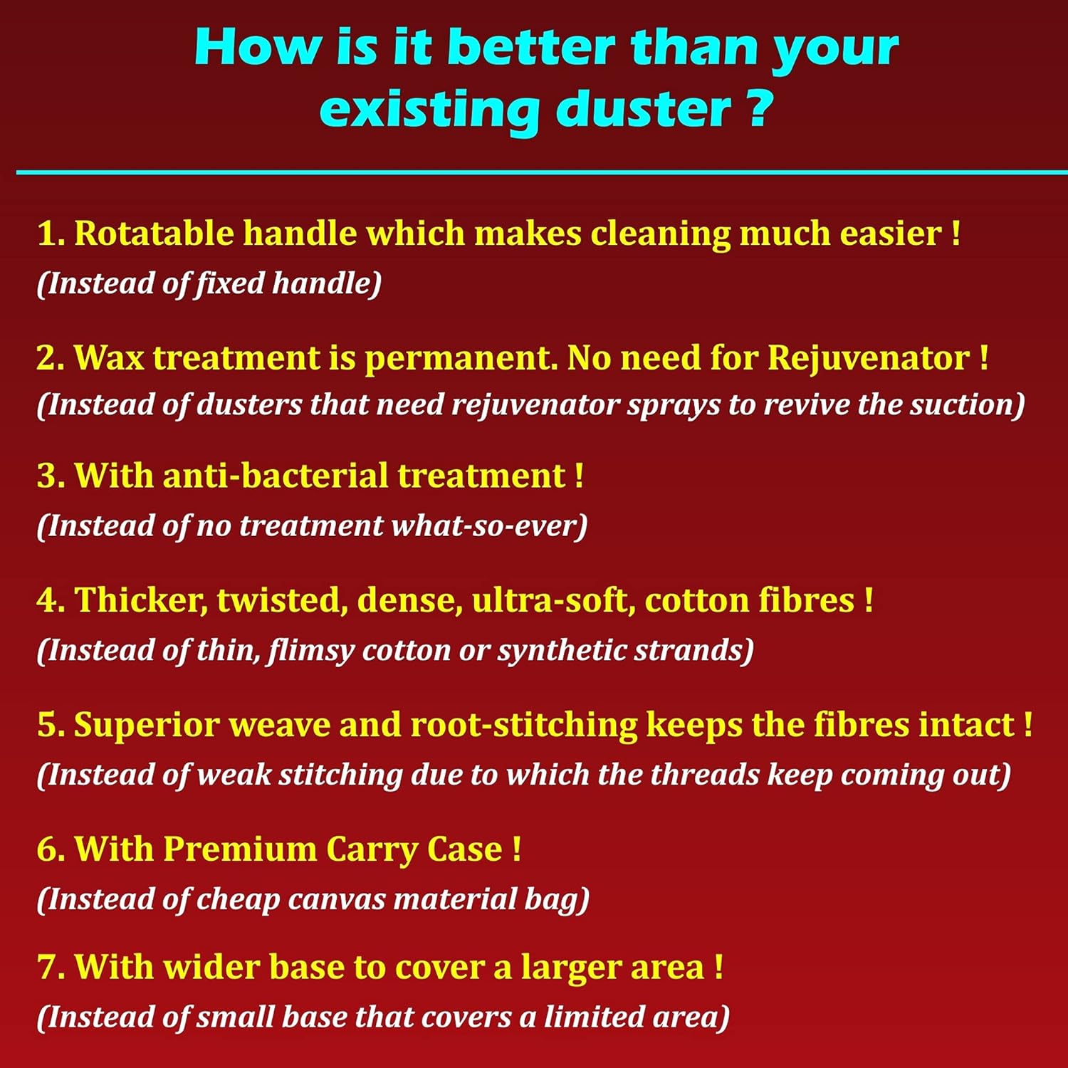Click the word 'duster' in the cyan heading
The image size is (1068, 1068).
[x=644, y=109]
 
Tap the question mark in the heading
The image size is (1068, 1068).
[x=760, y=108]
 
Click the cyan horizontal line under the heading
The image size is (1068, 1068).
[x=542, y=172]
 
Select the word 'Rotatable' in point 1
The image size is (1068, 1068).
[x=154, y=233]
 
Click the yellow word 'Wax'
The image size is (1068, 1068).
[x=110, y=357]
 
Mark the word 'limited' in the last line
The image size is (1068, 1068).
[x=594, y=1017]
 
